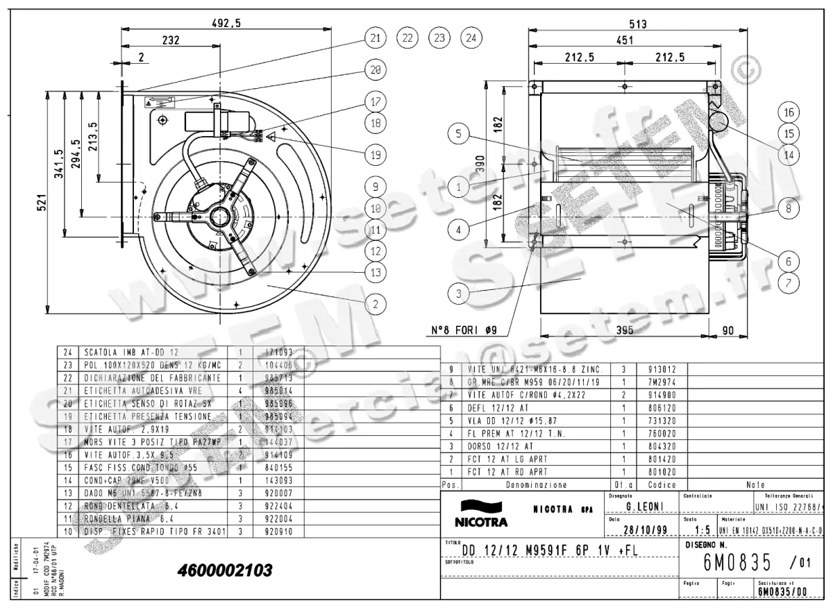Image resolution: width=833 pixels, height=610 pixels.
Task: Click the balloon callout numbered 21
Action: click(376, 38)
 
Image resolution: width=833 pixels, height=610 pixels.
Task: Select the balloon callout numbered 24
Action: click(471, 38)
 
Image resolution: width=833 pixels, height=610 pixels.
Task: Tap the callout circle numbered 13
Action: click(376, 273)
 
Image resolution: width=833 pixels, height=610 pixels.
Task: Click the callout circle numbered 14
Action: click(788, 155)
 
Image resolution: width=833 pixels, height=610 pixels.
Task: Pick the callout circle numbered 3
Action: click(458, 293)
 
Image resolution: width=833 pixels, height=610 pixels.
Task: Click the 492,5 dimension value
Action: click(226, 23)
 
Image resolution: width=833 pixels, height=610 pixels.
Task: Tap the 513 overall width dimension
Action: click(637, 24)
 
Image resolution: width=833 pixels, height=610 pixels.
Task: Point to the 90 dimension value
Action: click(728, 331)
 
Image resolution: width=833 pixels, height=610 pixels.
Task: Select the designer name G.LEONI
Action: click(646, 507)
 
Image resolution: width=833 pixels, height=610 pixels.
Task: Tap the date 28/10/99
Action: click(645, 530)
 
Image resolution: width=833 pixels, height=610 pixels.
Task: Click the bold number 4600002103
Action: click(225, 570)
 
